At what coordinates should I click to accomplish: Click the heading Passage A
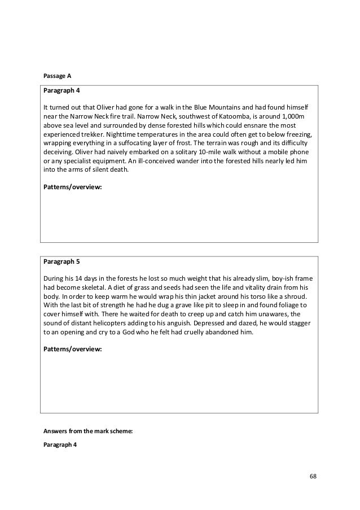coord(57,75)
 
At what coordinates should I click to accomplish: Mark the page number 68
coord(313,477)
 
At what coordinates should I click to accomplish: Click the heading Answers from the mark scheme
coord(87,430)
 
